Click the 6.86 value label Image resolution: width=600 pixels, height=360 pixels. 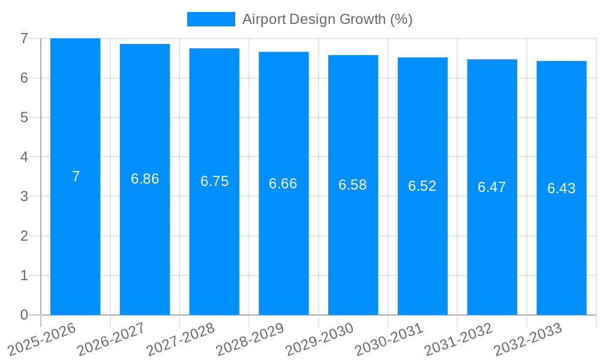(x=145, y=179)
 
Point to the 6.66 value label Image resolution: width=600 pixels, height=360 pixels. (x=283, y=184)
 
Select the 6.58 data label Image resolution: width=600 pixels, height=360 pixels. (x=353, y=185)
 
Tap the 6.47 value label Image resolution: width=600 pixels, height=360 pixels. (x=492, y=187)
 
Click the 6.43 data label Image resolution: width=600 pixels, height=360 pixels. (x=562, y=188)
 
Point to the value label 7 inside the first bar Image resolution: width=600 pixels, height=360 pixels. (x=76, y=176)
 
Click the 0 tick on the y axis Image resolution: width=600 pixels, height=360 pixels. (x=24, y=315)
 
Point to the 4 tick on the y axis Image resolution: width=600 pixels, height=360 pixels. (x=24, y=157)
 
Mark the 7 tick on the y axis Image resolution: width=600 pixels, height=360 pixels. (x=24, y=38)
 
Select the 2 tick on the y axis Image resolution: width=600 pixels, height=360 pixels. (x=24, y=236)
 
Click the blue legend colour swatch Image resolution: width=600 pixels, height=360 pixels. (x=211, y=19)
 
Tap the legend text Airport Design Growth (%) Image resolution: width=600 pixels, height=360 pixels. (x=328, y=19)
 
